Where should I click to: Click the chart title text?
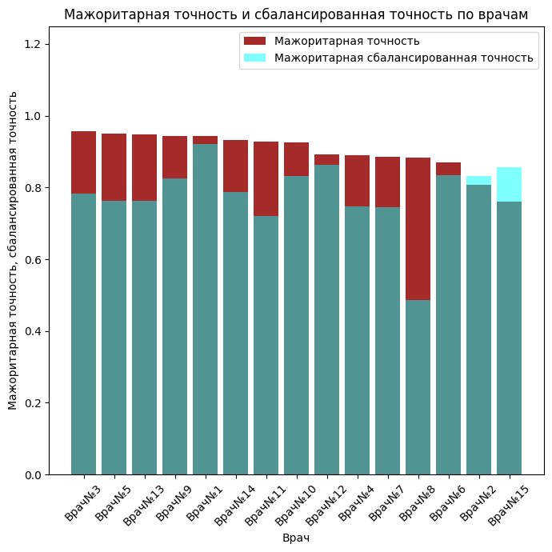click(x=296, y=15)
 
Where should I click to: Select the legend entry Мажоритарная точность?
click(x=346, y=41)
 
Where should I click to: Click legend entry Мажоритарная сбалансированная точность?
click(x=403, y=58)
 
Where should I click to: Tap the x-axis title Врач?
click(x=296, y=538)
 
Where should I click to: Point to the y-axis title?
click(x=13, y=250)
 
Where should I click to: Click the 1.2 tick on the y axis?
click(x=35, y=44)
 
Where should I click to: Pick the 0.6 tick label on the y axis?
click(x=35, y=259)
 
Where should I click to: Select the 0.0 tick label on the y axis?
click(x=35, y=474)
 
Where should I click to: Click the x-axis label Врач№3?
click(x=83, y=503)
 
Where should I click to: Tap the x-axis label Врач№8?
click(x=418, y=503)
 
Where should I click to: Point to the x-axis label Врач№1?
click(x=205, y=503)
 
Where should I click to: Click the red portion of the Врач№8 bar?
click(x=418, y=229)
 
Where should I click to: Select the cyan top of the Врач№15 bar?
click(x=509, y=184)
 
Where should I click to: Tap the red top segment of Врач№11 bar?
click(x=266, y=178)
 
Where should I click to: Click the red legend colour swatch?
click(x=255, y=41)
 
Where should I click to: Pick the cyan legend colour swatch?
click(x=255, y=58)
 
